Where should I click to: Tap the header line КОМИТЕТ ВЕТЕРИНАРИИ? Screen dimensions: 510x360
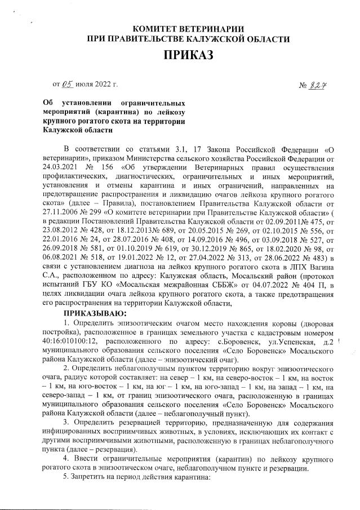(188, 29)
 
